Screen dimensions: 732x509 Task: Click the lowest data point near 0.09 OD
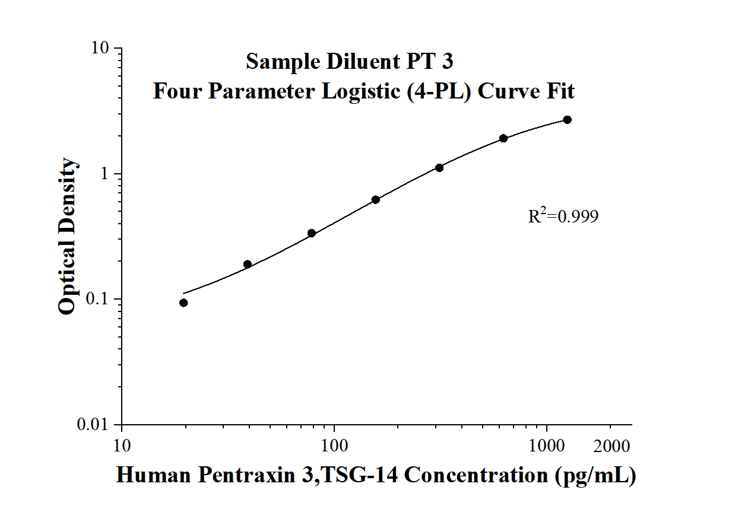tap(183, 303)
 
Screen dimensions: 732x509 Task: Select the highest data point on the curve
tap(568, 120)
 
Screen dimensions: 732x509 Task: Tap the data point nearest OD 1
tap(439, 168)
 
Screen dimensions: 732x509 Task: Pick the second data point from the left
tap(248, 264)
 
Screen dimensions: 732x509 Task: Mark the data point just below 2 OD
tap(503, 138)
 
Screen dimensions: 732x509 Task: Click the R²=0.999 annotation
tap(563, 215)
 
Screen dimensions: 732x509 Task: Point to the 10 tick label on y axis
tap(100, 48)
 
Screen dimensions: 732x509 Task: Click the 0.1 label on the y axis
tap(97, 299)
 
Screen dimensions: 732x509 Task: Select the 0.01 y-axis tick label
tap(93, 424)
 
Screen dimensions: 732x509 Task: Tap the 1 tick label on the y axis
tap(104, 174)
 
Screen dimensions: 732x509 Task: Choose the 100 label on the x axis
tap(334, 446)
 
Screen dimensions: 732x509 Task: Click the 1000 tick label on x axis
tap(547, 446)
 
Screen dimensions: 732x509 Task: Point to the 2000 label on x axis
tap(611, 446)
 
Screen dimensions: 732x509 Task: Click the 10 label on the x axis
tap(122, 446)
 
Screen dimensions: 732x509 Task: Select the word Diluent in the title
tap(363, 61)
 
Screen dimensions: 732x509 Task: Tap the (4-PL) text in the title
tap(439, 91)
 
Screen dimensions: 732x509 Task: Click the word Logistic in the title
tap(361, 92)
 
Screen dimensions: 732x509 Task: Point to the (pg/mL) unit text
tap(595, 476)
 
